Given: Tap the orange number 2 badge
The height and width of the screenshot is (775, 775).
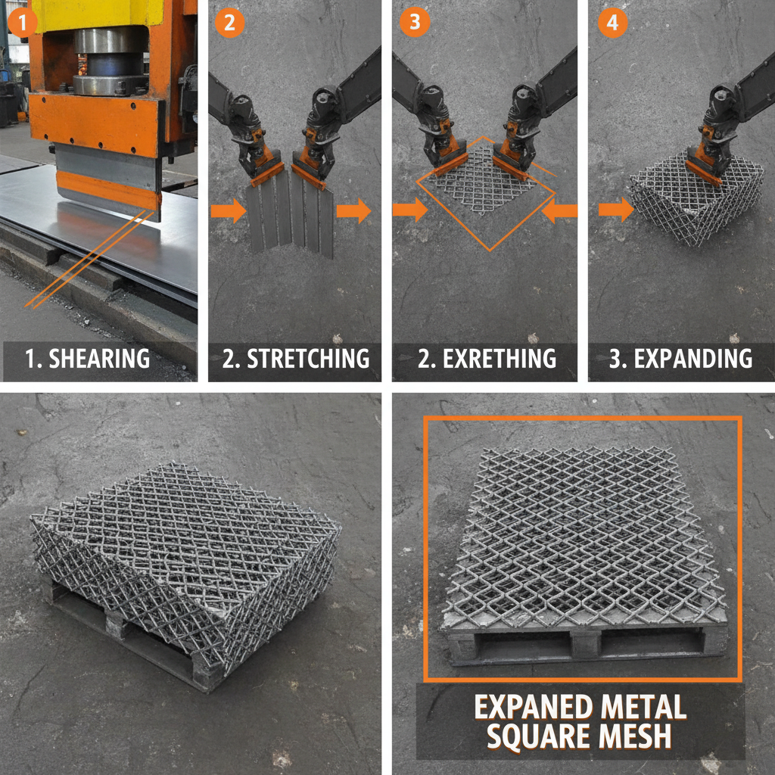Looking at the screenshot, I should pos(229,22).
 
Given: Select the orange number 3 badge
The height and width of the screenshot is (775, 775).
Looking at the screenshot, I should pos(413,22).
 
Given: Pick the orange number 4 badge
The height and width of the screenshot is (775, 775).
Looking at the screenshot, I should pos(612,22).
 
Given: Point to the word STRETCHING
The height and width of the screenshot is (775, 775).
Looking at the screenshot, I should pos(308,358).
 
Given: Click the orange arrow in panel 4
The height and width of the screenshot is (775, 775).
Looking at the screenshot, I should pos(615,210).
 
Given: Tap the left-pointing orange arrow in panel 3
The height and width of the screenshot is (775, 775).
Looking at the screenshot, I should pos(560,212).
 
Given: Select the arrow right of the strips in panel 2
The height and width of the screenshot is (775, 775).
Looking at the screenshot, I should pos(353,211).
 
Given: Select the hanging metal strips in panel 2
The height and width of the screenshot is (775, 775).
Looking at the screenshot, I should pos(290,216).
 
